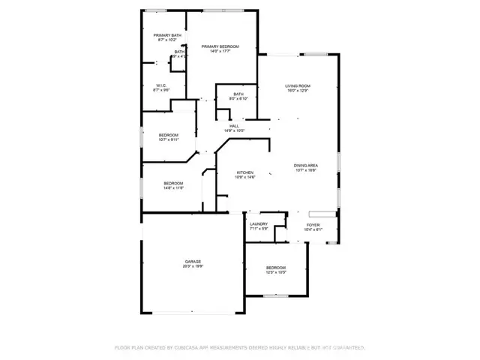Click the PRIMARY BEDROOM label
(x=219, y=46)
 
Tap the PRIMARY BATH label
(x=167, y=35)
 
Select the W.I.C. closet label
(x=161, y=85)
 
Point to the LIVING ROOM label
(x=297, y=86)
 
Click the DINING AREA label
(x=305, y=165)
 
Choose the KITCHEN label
(x=245, y=172)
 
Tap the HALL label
(x=234, y=126)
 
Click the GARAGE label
(x=193, y=262)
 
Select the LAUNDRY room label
(x=259, y=223)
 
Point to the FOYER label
(x=312, y=224)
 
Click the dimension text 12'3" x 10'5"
(x=276, y=272)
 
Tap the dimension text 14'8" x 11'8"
(x=174, y=188)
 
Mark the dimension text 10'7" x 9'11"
(x=168, y=139)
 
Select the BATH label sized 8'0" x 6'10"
(x=227, y=94)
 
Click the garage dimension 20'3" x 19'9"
(x=193, y=266)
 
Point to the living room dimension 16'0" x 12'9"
(x=297, y=91)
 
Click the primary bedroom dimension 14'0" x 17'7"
(x=219, y=51)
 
